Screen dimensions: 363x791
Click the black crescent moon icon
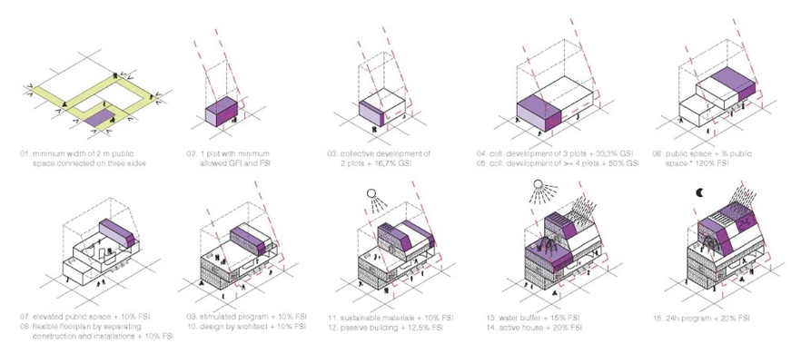(700, 192)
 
